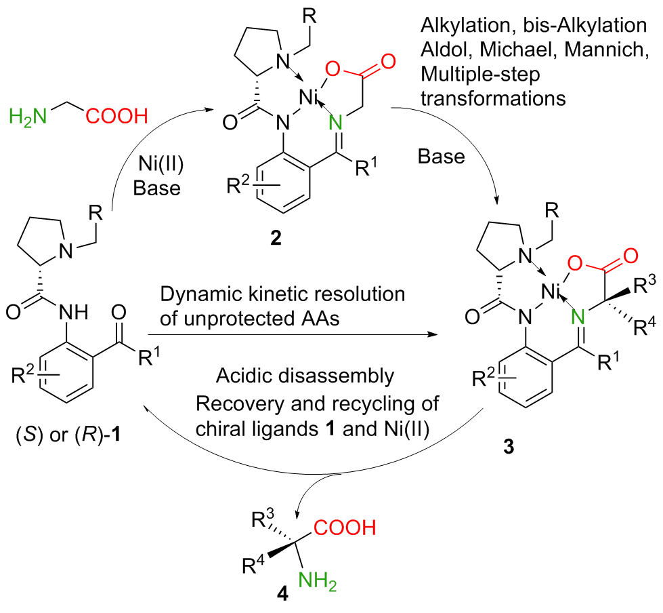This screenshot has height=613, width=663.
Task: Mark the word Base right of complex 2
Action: pos(442,157)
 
